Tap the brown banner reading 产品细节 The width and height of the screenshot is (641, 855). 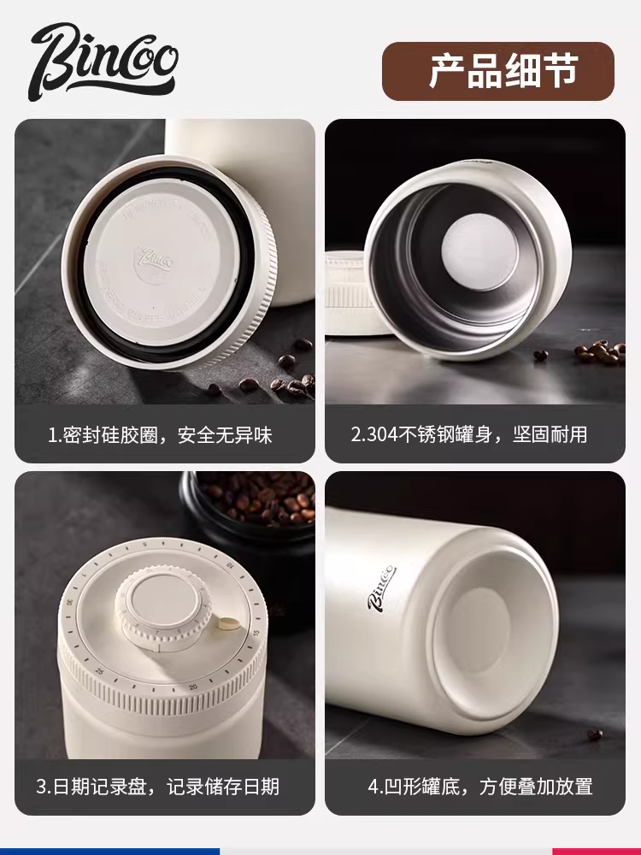coord(498,72)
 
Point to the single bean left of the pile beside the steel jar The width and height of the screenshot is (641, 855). coord(540,355)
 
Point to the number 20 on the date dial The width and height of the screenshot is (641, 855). coord(194,687)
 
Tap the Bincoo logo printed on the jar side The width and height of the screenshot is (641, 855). coord(381,587)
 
